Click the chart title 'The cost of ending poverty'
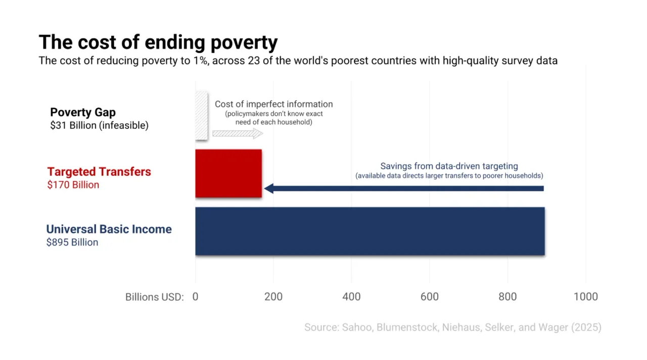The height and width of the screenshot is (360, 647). click(158, 42)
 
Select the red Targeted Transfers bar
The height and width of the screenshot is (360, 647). click(228, 173)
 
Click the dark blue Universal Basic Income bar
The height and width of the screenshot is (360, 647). click(369, 231)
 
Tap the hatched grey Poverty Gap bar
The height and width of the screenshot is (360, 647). click(201, 116)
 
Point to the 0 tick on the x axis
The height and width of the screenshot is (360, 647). click(195, 297)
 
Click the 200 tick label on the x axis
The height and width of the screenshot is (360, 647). click(273, 297)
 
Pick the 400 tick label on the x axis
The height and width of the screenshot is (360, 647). click(351, 297)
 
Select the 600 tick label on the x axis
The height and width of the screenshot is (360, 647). click(430, 297)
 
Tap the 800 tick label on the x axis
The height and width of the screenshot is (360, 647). click(507, 297)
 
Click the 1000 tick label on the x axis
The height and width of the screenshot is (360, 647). click(585, 297)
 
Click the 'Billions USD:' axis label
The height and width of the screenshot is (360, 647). click(154, 297)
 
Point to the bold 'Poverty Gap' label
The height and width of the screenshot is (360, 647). click(83, 112)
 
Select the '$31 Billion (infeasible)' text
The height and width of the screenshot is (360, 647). click(99, 125)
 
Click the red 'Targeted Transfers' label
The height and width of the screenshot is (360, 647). click(99, 171)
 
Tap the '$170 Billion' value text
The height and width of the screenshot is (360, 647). click(73, 185)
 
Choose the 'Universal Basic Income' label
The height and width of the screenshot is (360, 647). click(109, 229)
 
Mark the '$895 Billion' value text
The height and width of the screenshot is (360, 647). click(72, 242)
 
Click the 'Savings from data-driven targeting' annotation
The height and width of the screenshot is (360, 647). click(449, 166)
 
